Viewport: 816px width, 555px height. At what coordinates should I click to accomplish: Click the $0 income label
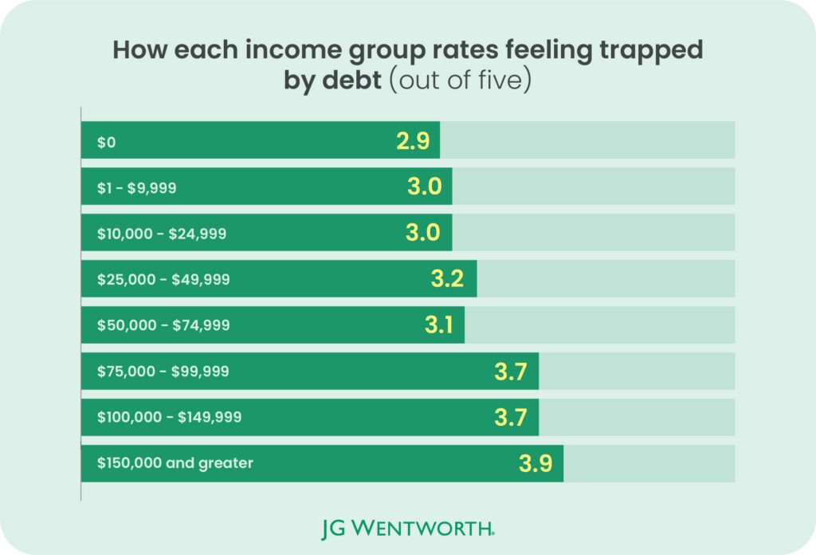coord(106,142)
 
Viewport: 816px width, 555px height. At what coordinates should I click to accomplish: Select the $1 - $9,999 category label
coord(136,187)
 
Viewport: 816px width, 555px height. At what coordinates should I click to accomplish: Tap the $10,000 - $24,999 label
coord(162,234)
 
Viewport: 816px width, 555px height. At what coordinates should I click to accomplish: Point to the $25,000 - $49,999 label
coord(163,279)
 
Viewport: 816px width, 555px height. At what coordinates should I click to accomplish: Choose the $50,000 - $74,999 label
coord(163,325)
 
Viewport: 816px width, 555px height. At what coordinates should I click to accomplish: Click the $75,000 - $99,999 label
coord(163,372)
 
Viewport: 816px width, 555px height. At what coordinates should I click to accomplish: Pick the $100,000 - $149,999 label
coord(169,417)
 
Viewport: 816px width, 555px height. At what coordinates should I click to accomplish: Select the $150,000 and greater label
coord(175,462)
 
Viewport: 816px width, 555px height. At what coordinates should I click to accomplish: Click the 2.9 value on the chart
coord(414,140)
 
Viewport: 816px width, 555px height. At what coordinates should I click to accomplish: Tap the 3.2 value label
coord(447,278)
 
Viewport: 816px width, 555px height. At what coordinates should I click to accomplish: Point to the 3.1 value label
coord(439,325)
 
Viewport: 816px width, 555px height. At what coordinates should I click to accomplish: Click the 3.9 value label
coord(535,463)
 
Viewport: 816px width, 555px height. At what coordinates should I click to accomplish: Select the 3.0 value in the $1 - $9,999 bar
coord(425,187)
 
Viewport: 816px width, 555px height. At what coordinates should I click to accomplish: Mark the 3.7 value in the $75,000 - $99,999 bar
coord(511,372)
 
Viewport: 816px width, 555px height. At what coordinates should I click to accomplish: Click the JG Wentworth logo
coord(408,529)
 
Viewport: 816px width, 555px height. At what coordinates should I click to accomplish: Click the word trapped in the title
coord(651,49)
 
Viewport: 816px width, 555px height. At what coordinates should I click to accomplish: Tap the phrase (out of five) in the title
coord(461,80)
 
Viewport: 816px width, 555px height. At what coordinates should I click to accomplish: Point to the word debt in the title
coord(351,80)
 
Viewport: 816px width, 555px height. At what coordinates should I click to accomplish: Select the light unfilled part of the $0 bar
coord(587,140)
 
